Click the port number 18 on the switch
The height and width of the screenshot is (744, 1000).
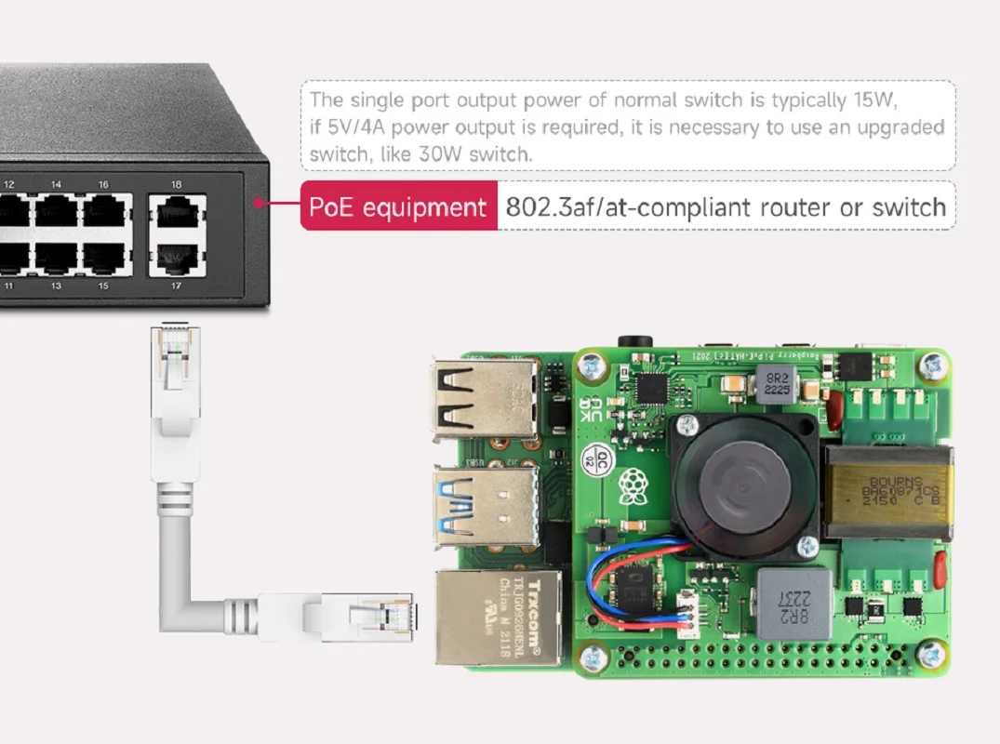(x=176, y=184)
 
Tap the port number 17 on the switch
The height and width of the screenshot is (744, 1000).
(x=176, y=286)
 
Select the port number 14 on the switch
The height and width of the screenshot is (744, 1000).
(x=56, y=184)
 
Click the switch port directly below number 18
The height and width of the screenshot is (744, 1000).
(x=177, y=213)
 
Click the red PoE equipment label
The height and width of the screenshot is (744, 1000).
(x=397, y=207)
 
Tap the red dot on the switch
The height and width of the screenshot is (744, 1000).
(x=258, y=201)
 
